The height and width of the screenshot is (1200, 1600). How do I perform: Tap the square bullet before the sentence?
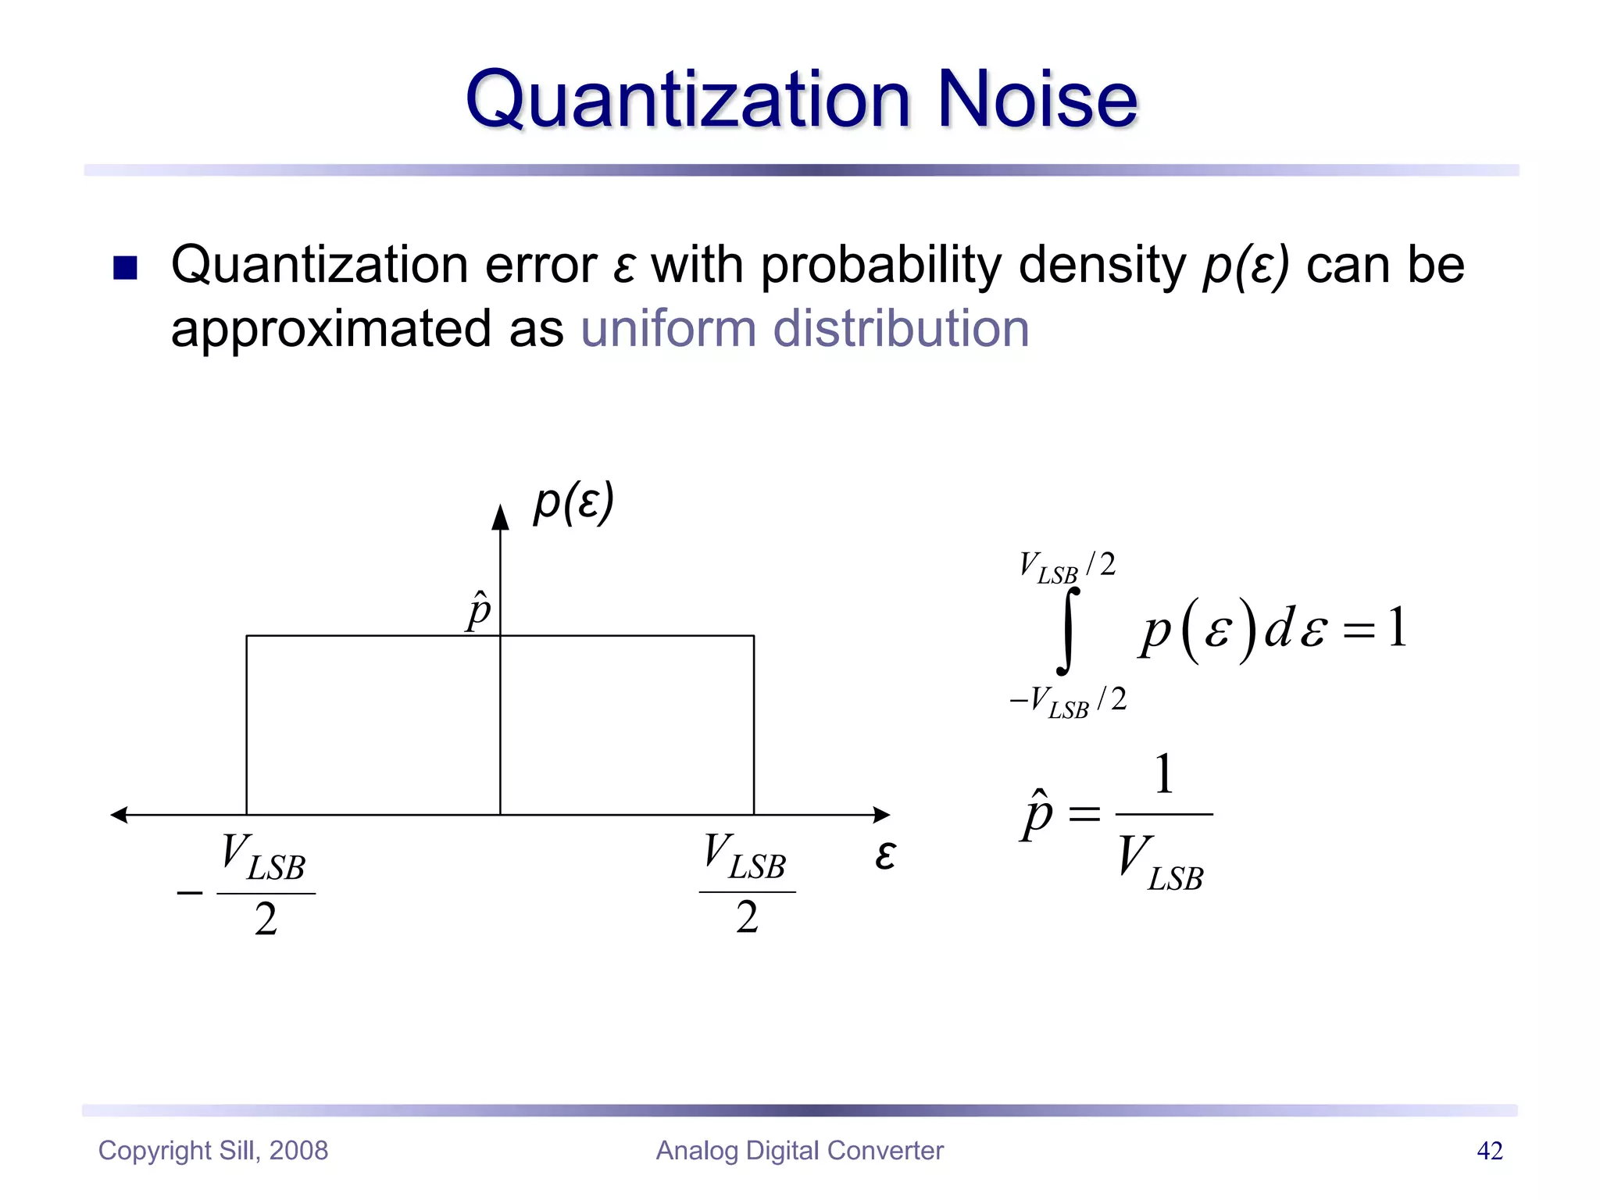(125, 267)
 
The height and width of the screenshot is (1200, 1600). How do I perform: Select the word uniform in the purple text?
(669, 328)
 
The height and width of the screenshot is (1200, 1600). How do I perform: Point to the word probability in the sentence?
(880, 266)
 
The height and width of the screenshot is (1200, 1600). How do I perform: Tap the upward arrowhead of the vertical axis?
(500, 517)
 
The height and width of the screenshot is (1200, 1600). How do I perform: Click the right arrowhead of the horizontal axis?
(881, 815)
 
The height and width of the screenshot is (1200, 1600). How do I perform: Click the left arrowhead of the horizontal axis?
(120, 815)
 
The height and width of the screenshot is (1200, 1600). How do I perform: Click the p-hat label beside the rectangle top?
(479, 611)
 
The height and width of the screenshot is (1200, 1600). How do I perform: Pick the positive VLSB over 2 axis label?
(746, 884)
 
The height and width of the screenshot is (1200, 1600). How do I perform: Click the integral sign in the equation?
(1068, 631)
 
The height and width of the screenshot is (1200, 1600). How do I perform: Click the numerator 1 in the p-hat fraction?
(1163, 775)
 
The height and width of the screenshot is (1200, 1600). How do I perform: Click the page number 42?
(1489, 1150)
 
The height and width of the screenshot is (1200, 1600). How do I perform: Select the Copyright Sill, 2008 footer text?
(213, 1150)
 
